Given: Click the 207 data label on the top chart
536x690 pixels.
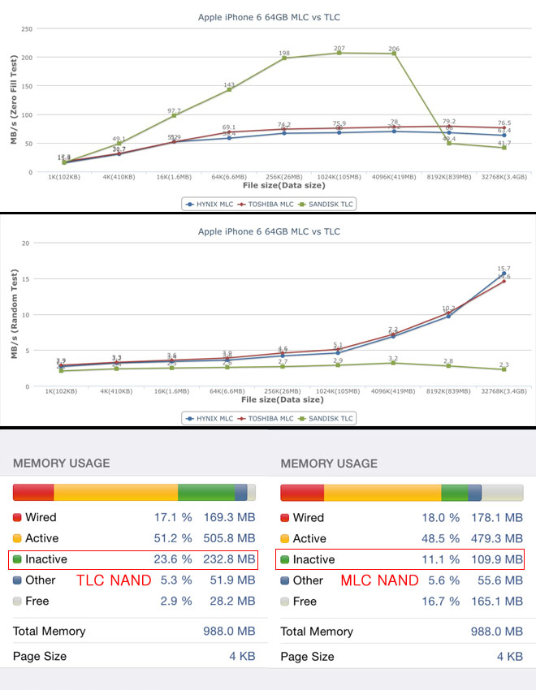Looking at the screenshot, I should [339, 48].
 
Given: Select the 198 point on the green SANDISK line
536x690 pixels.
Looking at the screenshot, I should [284, 58].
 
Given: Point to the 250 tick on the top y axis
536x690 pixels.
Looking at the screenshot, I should [26, 29].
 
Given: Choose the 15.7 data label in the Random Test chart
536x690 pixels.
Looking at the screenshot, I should [504, 269].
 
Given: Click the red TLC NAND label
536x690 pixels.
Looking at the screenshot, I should [114, 580].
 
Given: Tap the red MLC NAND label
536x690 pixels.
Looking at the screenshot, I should [379, 580].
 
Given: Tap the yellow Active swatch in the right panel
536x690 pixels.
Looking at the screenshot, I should [285, 538].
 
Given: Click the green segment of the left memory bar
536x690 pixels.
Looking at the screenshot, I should [205, 493].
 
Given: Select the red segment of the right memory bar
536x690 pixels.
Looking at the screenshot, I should [302, 493].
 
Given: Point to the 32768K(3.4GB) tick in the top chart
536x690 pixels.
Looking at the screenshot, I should [504, 176].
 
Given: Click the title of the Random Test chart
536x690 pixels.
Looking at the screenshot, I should [269, 231].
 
